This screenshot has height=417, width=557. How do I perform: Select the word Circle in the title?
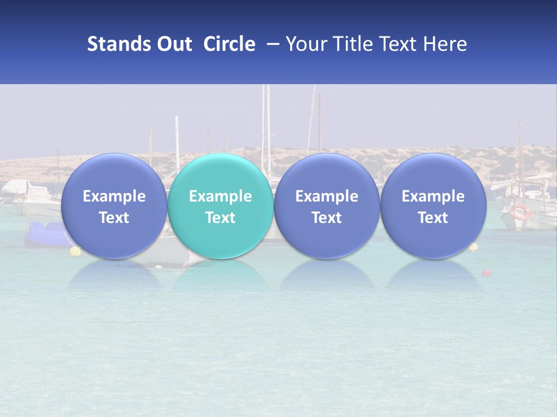(x=229, y=44)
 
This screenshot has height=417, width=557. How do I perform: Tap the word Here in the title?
(x=444, y=44)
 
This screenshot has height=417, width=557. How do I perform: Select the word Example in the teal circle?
(x=220, y=196)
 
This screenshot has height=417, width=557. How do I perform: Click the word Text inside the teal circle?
(x=220, y=218)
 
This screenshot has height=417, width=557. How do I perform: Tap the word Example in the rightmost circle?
(x=433, y=196)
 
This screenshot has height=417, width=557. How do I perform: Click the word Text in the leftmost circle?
(x=114, y=218)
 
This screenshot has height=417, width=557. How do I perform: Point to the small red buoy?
(x=486, y=273)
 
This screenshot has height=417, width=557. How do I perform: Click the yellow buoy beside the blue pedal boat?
(x=75, y=251)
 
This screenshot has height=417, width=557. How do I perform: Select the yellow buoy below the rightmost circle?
(x=473, y=247)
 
